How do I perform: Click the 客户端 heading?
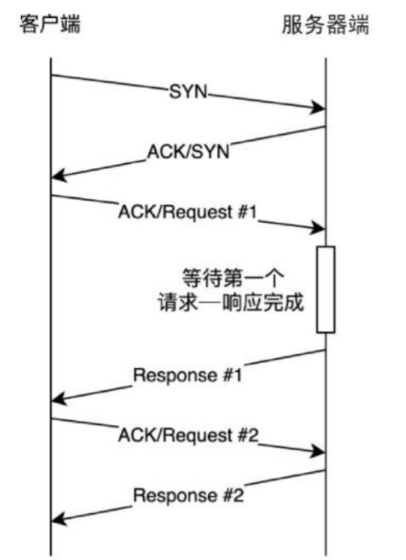tap(50, 24)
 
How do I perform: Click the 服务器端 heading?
tap(325, 24)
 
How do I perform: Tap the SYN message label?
tap(188, 91)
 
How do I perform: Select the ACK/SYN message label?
tap(188, 151)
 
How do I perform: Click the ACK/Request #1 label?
tap(187, 213)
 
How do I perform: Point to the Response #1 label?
tap(187, 375)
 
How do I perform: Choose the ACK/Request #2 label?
tap(188, 435)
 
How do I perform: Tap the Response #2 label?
tap(188, 495)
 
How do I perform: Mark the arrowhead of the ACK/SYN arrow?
tap(59, 175)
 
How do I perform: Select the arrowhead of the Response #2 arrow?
tap(59, 519)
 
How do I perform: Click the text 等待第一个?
tap(233, 278)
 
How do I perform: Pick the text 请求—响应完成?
tap(231, 302)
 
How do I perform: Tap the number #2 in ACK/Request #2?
tap(249, 435)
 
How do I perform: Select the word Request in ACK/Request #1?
tap(199, 213)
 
